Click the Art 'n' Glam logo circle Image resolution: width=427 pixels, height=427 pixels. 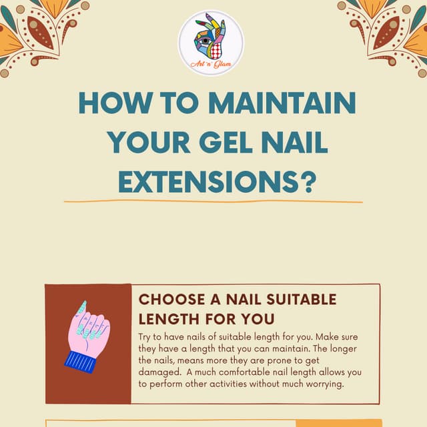(x=211, y=42)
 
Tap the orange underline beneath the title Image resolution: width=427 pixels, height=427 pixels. (x=213, y=201)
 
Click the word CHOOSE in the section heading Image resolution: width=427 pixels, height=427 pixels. (x=169, y=300)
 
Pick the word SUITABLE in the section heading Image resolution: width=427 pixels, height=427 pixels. (x=303, y=300)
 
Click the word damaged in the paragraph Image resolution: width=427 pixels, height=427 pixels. (x=157, y=372)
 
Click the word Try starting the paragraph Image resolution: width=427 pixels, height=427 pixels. (x=145, y=338)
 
